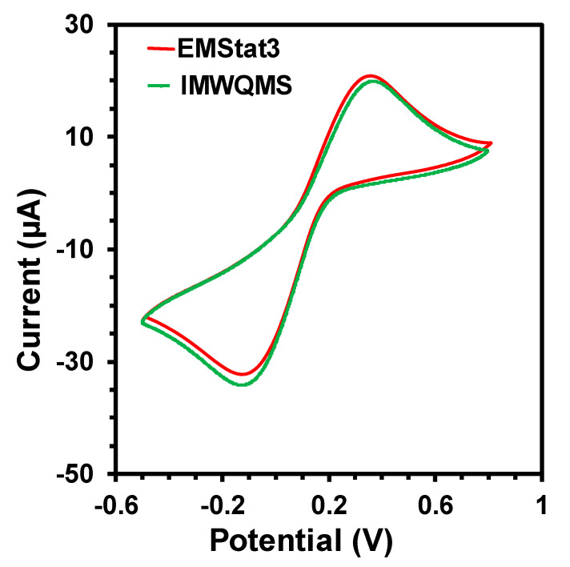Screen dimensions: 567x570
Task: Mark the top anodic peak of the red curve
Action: click(370, 76)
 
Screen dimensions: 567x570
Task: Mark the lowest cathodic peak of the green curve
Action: click(242, 385)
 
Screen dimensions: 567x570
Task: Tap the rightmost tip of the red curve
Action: click(491, 144)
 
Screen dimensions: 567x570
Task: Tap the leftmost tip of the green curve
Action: click(142, 322)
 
